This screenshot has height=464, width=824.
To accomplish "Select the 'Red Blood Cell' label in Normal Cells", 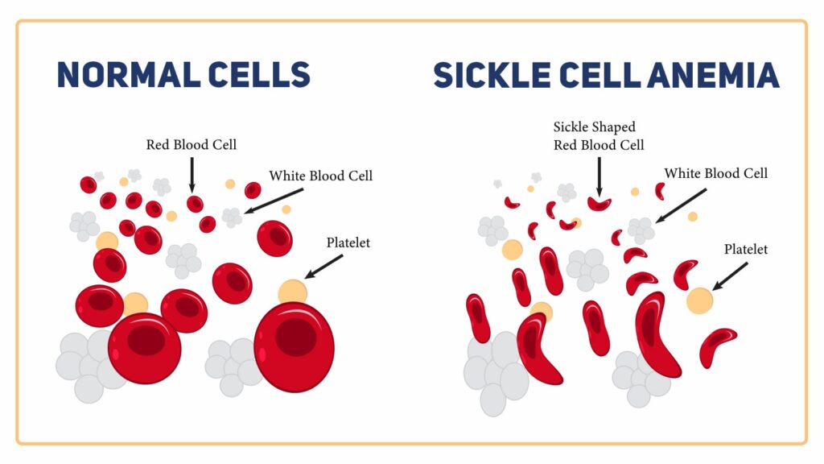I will pos(192,145).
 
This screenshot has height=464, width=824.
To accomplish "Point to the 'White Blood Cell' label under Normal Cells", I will pos(320,176).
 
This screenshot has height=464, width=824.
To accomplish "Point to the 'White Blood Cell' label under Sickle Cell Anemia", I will pos(715,173).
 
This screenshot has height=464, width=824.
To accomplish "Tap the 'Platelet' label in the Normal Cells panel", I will pos(348,242).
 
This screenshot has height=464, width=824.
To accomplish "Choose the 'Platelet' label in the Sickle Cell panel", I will pos(746,250).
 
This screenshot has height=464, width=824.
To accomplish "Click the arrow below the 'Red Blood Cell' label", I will pos(192,172).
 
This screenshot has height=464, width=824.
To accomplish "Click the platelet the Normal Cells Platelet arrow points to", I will pos(293,291).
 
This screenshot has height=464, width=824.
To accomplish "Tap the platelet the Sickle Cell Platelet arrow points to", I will pos(699,300).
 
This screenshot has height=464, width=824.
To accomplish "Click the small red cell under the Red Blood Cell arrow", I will pos(195,204).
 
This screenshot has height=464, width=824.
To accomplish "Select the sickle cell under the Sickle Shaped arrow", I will pos(599,203).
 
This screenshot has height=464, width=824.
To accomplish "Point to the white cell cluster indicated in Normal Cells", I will pos(232,217).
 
